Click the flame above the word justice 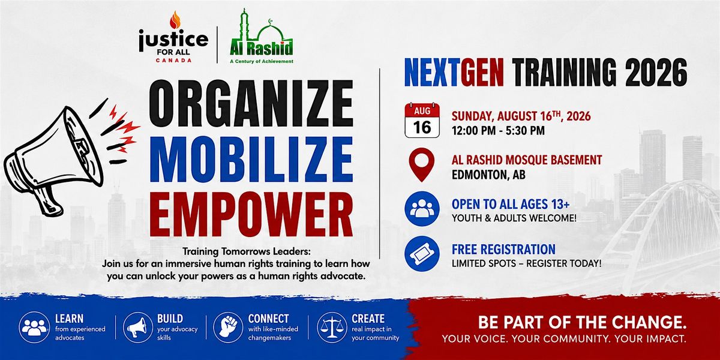175,20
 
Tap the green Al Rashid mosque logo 262,36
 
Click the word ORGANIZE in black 251,103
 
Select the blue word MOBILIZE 251,159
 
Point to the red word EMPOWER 251,214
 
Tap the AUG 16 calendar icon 422,120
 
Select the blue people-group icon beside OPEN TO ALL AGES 422,209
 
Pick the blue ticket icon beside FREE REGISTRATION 422,254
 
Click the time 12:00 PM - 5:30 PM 498,131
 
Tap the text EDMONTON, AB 488,175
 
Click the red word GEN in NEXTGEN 482,73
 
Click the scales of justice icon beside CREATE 332,327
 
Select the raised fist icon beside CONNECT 228,327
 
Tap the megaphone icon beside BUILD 138,327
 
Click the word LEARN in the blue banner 69,319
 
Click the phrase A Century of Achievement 262,61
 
